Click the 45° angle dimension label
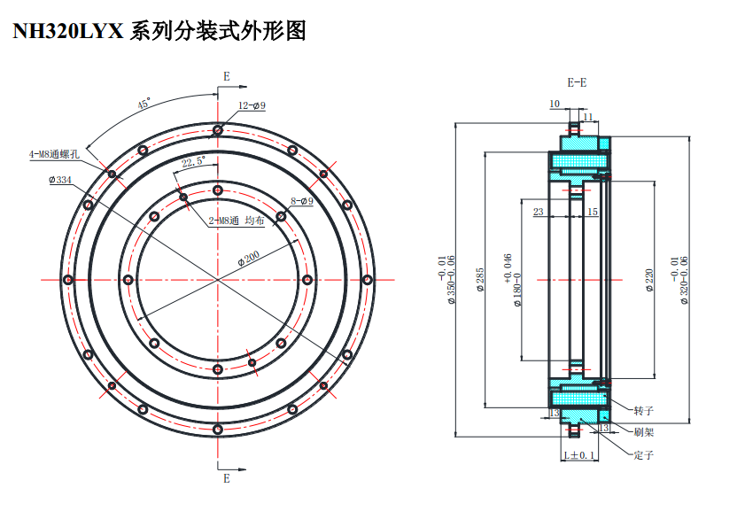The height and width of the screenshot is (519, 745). point(144,104)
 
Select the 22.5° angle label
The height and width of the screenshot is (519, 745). point(192,162)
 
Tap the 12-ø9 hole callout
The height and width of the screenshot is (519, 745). point(252,105)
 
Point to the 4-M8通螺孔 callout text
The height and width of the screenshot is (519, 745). point(54,154)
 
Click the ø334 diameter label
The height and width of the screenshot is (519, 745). point(60,180)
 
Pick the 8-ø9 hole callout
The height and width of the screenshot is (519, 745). point(302,201)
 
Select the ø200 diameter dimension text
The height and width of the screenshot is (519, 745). point(248,259)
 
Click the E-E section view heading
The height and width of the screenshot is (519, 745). point(577,82)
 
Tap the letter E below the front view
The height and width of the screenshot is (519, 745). point(227,478)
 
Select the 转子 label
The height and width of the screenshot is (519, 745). point(644,411)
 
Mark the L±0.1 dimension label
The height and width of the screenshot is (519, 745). point(581,455)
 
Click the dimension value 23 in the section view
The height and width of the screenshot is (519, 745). point(538,212)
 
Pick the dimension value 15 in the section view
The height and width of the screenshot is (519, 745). point(593,212)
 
